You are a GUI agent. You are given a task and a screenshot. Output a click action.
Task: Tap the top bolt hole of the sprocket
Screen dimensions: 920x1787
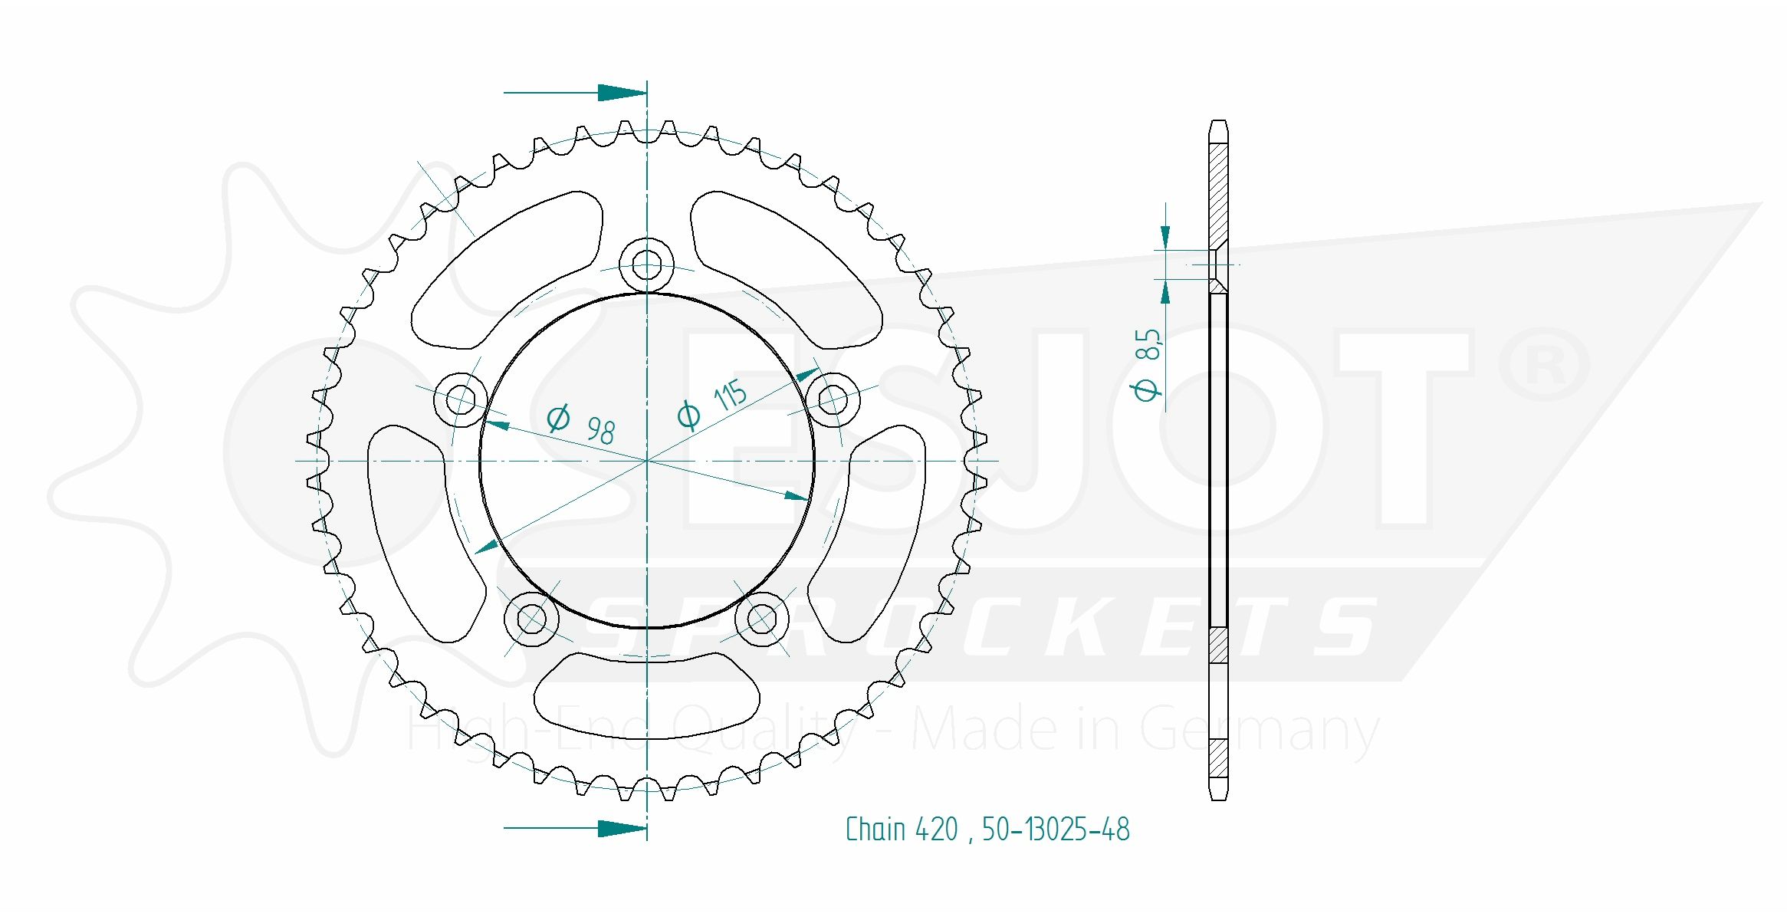point(646,265)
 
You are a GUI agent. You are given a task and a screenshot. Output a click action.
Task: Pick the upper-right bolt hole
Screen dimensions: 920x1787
point(833,399)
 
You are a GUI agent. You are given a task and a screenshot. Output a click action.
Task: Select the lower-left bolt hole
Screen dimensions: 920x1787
point(531,618)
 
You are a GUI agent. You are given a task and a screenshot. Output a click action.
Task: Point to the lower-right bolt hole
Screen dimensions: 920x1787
point(761,618)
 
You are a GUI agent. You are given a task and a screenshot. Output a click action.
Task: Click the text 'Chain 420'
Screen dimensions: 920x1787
point(902,830)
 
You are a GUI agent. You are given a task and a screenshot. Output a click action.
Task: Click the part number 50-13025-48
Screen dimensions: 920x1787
point(1056,830)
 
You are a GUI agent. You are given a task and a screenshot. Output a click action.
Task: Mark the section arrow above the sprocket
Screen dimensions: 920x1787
point(621,93)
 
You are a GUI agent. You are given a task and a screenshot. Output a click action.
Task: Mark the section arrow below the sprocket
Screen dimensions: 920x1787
point(621,828)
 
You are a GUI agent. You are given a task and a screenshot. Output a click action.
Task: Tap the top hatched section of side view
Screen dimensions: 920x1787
point(1218,195)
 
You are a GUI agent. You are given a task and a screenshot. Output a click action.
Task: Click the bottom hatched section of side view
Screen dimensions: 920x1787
point(1218,758)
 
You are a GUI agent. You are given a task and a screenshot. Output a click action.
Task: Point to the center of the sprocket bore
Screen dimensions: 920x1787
point(646,461)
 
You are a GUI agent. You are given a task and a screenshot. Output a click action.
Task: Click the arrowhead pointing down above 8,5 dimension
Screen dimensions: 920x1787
point(1165,237)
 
